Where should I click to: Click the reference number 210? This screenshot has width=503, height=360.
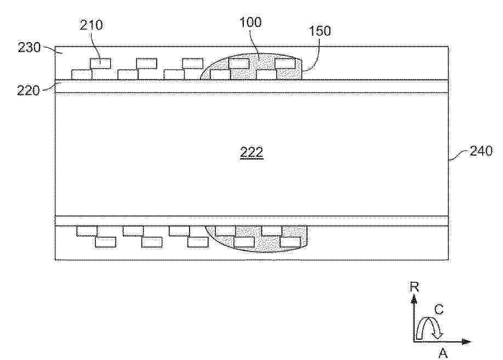point(92,25)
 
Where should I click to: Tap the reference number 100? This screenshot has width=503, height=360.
point(251,22)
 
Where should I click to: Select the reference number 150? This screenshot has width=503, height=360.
point(320,31)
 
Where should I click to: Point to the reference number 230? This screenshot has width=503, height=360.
point(29,48)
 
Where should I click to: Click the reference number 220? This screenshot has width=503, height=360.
point(28,90)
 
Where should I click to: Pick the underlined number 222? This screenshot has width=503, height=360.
point(251,152)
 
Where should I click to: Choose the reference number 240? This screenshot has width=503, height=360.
point(481,151)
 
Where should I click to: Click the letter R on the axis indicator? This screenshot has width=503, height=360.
point(414,287)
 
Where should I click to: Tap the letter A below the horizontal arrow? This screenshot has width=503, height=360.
point(443,353)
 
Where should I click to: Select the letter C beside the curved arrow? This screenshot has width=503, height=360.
point(439,310)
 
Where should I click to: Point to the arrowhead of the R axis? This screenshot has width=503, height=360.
point(414,300)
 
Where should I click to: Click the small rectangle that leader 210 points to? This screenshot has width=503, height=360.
point(100,64)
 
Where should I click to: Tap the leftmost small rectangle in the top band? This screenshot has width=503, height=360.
point(82,75)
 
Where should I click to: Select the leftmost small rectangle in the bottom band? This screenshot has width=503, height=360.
point(87,231)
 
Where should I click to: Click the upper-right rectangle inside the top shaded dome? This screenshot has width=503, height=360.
point(285,64)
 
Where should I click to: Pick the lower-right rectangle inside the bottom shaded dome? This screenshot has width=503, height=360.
point(290,242)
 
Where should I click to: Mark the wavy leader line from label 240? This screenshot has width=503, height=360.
point(459,155)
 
